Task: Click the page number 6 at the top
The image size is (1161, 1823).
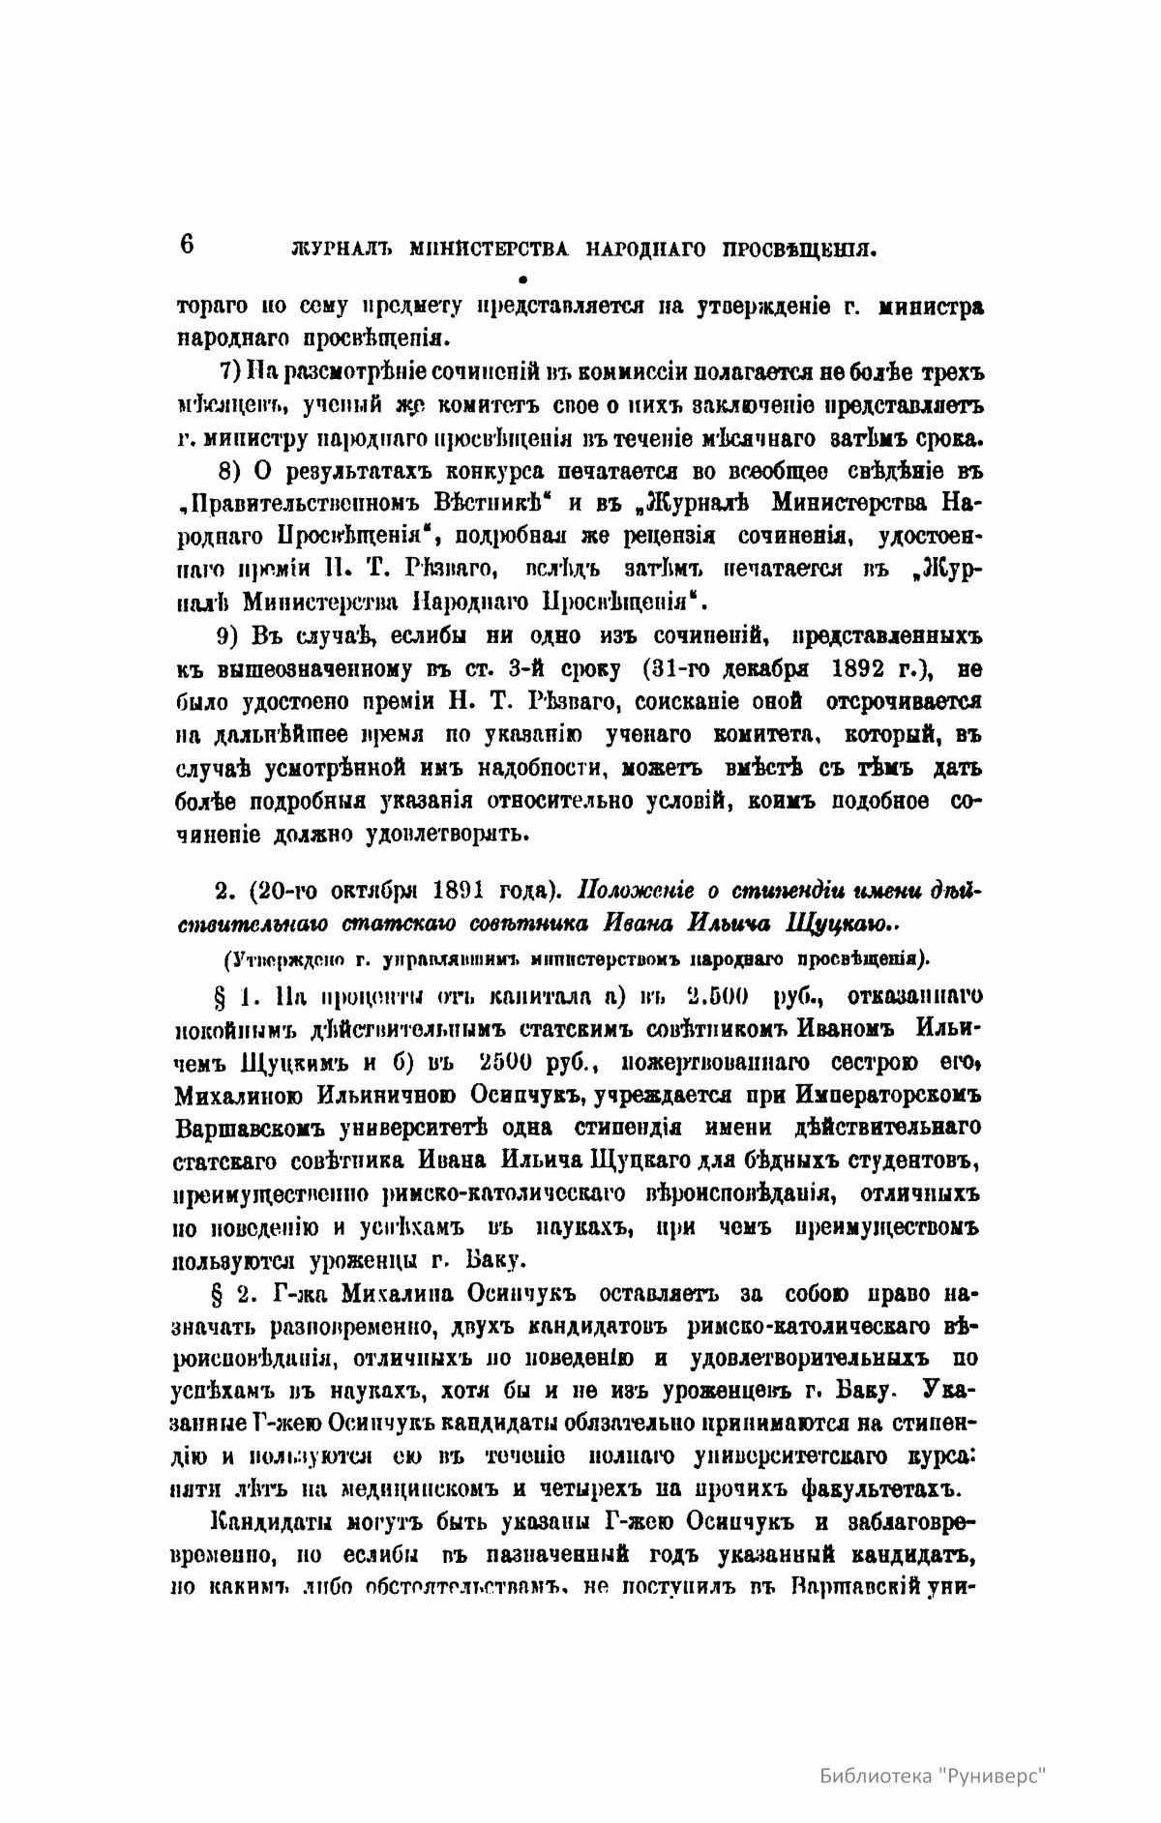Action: click(187, 244)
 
